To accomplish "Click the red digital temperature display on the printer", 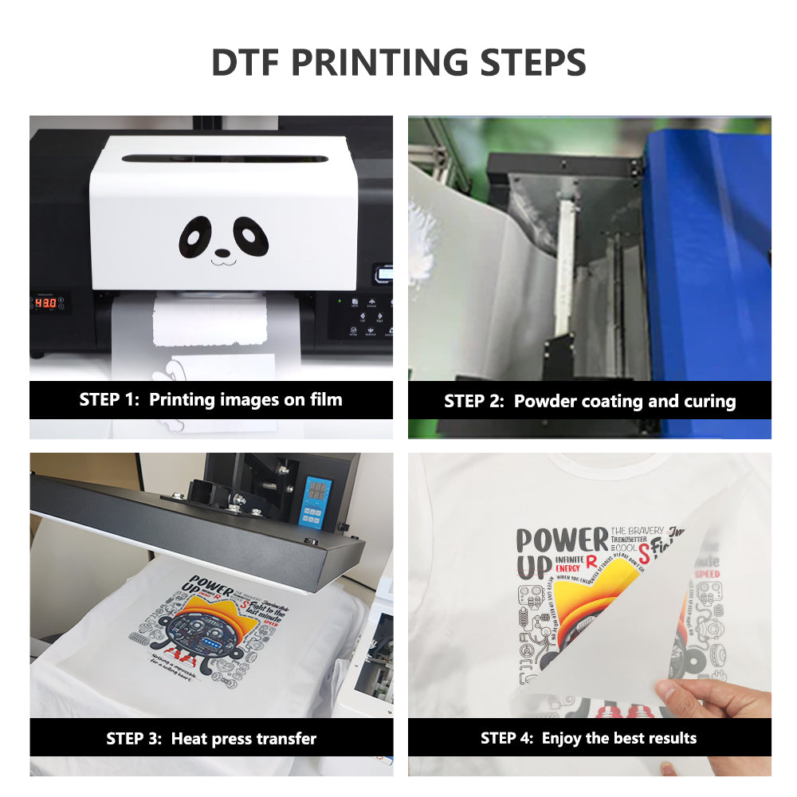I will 45,303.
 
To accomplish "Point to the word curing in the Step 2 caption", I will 709,402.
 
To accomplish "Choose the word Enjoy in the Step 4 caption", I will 563,738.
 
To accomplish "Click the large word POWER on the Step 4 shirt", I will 562,540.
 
